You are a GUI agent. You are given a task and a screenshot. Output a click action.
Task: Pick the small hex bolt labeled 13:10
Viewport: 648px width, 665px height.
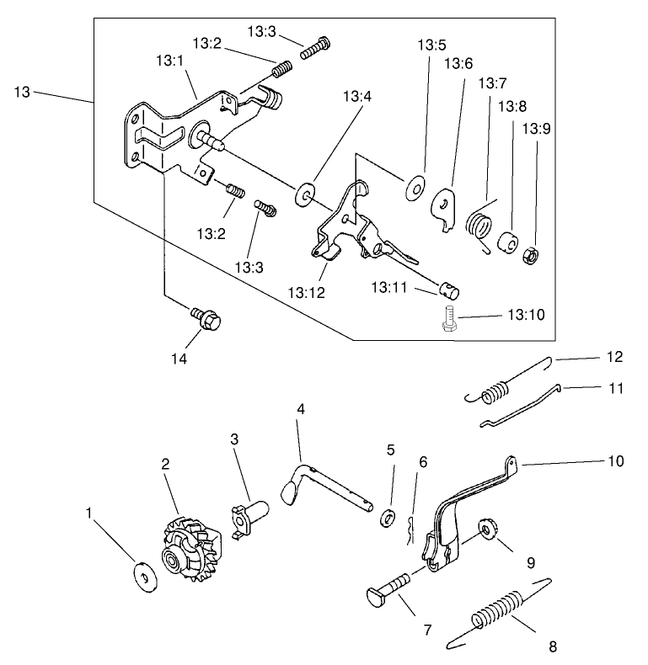448,320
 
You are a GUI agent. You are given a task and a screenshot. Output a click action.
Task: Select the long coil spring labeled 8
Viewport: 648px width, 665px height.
496,611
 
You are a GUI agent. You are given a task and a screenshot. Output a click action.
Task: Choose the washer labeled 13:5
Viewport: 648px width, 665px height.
415,188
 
